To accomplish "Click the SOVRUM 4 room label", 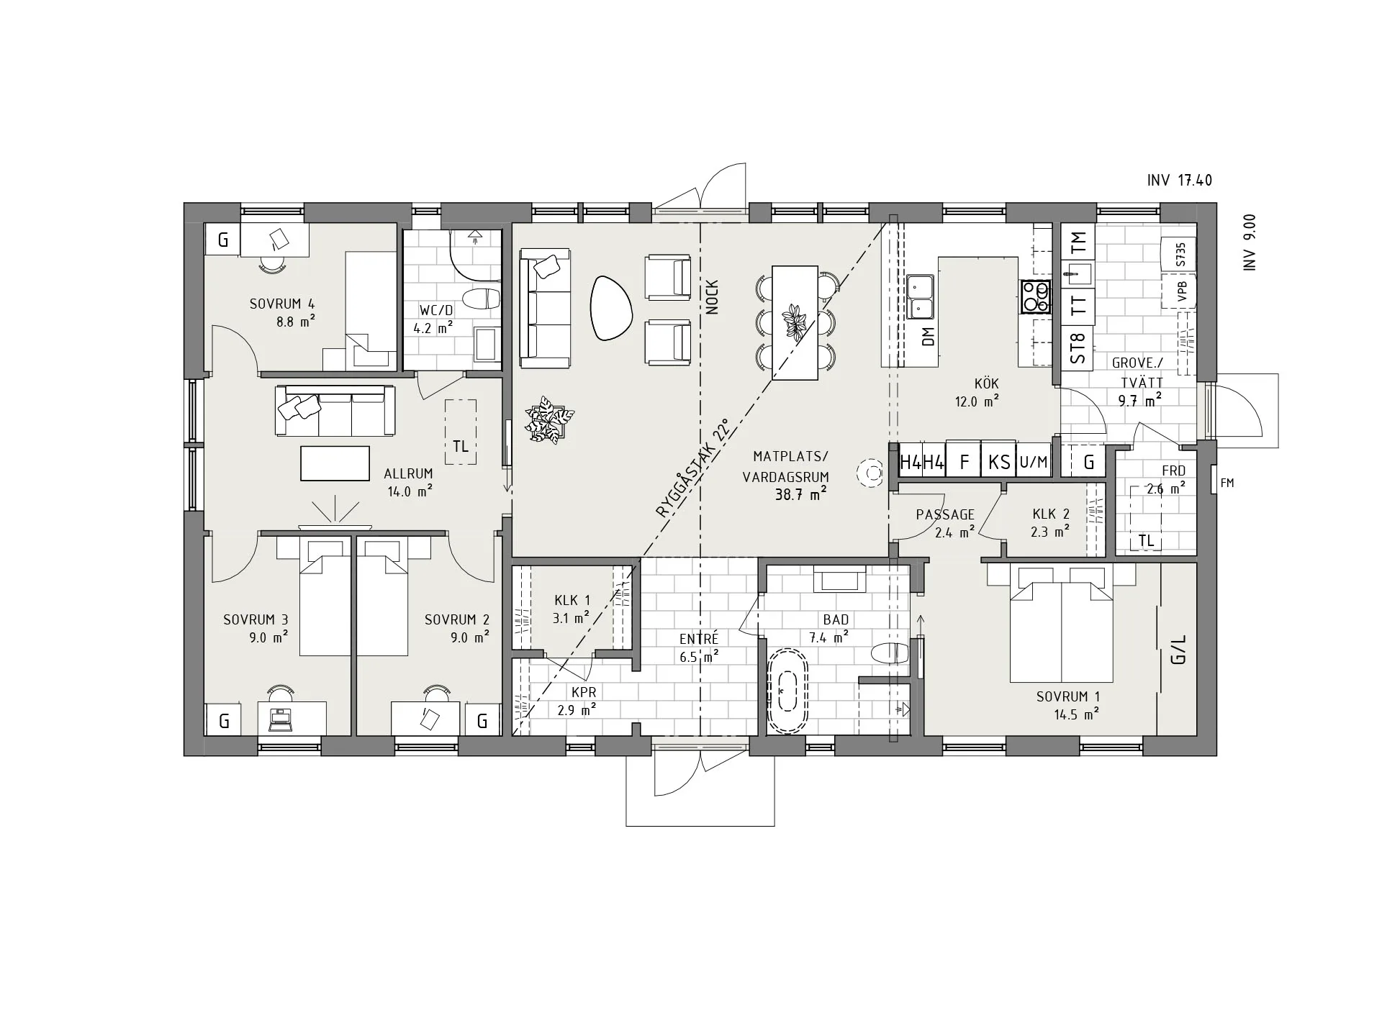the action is tap(282, 304).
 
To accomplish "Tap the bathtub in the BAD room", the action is tap(788, 692).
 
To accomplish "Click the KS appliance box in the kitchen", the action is tap(999, 462).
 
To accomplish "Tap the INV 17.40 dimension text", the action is tap(1180, 181).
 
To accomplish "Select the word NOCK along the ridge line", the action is tap(713, 297).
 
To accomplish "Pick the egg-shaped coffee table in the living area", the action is tap(611, 308).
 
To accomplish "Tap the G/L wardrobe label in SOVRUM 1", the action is tap(1178, 649).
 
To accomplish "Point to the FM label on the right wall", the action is tap(1227, 483).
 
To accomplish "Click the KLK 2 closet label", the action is tap(1051, 514).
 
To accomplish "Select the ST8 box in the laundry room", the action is tap(1078, 348).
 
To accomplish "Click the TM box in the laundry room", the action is tap(1078, 242).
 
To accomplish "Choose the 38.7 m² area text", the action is tap(800, 494).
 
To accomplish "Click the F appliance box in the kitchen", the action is tap(965, 462).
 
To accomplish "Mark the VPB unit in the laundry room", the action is tap(1180, 291).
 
